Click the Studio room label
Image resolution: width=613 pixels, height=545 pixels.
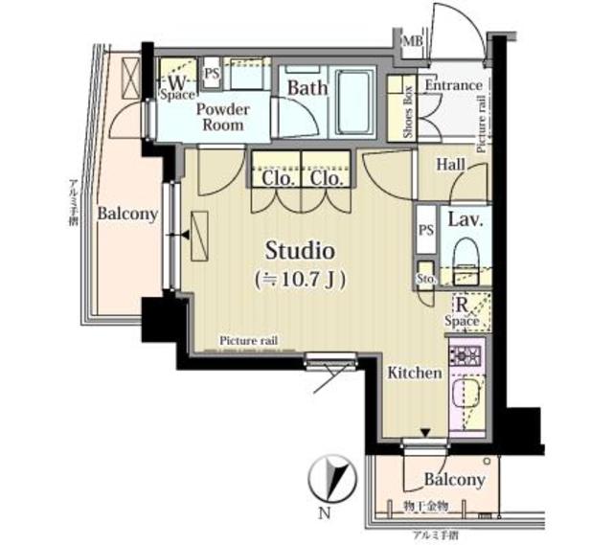pyautogui.click(x=299, y=252)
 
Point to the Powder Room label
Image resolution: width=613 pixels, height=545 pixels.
pyautogui.click(x=223, y=117)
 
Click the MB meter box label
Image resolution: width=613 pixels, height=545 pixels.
pyautogui.click(x=412, y=42)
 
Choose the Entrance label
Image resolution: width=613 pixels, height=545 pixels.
pyautogui.click(x=453, y=85)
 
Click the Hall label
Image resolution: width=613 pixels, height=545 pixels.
pyautogui.click(x=450, y=165)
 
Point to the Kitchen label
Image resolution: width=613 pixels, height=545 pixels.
pyautogui.click(x=415, y=373)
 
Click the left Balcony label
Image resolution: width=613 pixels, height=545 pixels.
pyautogui.click(x=126, y=215)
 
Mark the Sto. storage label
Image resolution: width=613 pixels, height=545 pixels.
pyautogui.click(x=426, y=278)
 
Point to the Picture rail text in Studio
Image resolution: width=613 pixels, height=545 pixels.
pyautogui.click(x=248, y=341)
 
